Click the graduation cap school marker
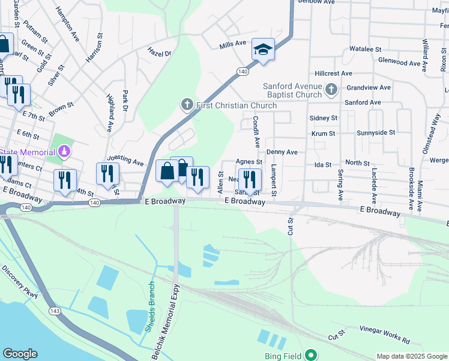coord(263,49)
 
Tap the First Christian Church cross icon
coord(187,105)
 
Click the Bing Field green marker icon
coord(310,356)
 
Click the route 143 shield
coord(55,311)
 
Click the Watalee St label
coord(366,49)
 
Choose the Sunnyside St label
coord(376,132)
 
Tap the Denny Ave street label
coord(282,153)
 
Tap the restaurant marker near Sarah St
coord(250,179)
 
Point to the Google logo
coord(20,354)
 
